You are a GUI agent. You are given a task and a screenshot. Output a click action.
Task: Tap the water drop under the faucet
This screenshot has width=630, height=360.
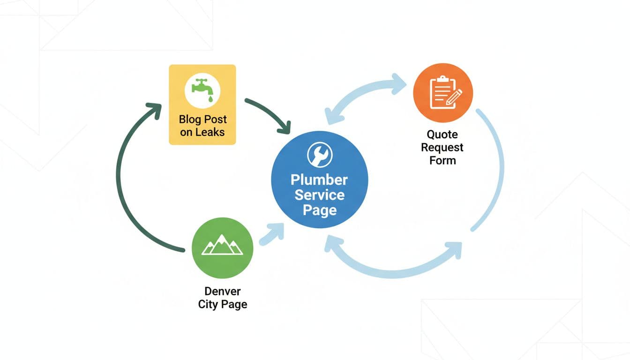(210, 99)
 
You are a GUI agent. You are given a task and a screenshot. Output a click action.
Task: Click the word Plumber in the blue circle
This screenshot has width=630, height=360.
(319, 180)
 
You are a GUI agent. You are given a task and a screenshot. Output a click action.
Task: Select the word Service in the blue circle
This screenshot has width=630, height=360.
(319, 195)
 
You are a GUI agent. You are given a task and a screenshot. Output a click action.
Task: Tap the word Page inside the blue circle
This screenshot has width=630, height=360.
(319, 210)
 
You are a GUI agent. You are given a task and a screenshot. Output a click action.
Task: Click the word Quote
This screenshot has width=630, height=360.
(442, 135)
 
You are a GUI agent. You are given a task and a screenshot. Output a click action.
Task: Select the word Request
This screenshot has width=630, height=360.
(442, 147)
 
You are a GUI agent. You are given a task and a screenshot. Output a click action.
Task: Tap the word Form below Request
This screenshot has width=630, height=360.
(442, 160)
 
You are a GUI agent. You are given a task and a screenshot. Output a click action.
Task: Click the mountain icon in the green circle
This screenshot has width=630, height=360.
(222, 246)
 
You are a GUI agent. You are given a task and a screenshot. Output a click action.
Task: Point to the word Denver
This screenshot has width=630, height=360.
(222, 292)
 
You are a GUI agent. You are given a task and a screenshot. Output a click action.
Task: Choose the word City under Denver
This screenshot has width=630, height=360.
(208, 304)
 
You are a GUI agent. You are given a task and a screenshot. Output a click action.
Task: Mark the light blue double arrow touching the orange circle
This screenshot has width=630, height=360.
(366, 96)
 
